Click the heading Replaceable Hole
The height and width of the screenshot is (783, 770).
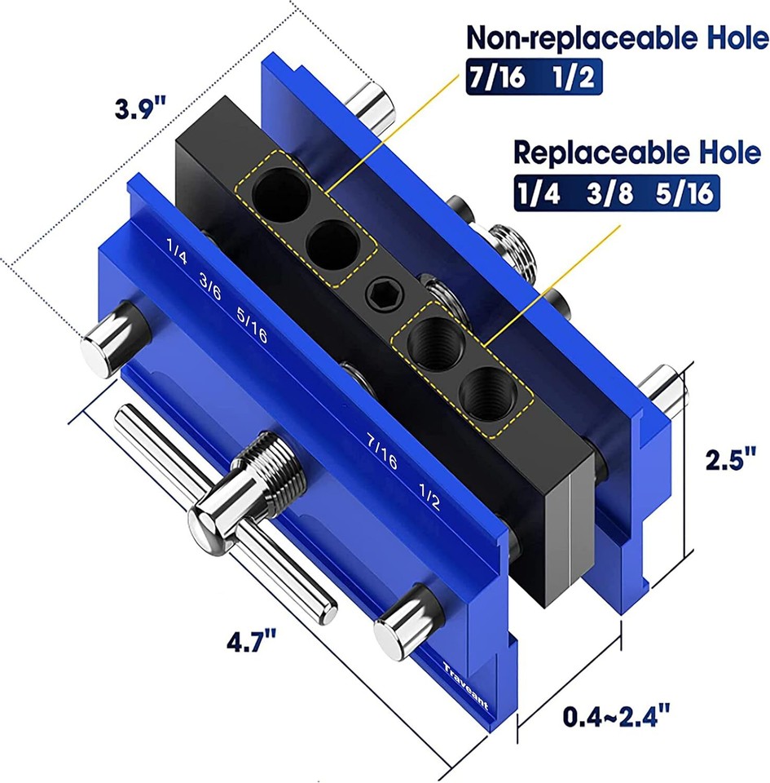(x=636, y=153)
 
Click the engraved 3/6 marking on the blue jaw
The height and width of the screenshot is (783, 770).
(x=210, y=287)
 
